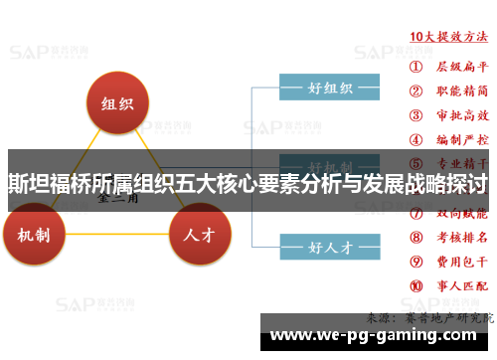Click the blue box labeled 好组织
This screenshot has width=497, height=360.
pos(331,88)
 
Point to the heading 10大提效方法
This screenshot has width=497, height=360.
pos(449,36)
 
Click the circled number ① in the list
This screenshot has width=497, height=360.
pos(417,68)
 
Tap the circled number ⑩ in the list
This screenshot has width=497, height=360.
pos(417,286)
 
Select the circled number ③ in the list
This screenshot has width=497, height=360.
pos(417,115)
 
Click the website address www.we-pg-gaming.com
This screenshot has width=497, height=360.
pos(377,334)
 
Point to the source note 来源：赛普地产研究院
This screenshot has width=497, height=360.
pos(429,317)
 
